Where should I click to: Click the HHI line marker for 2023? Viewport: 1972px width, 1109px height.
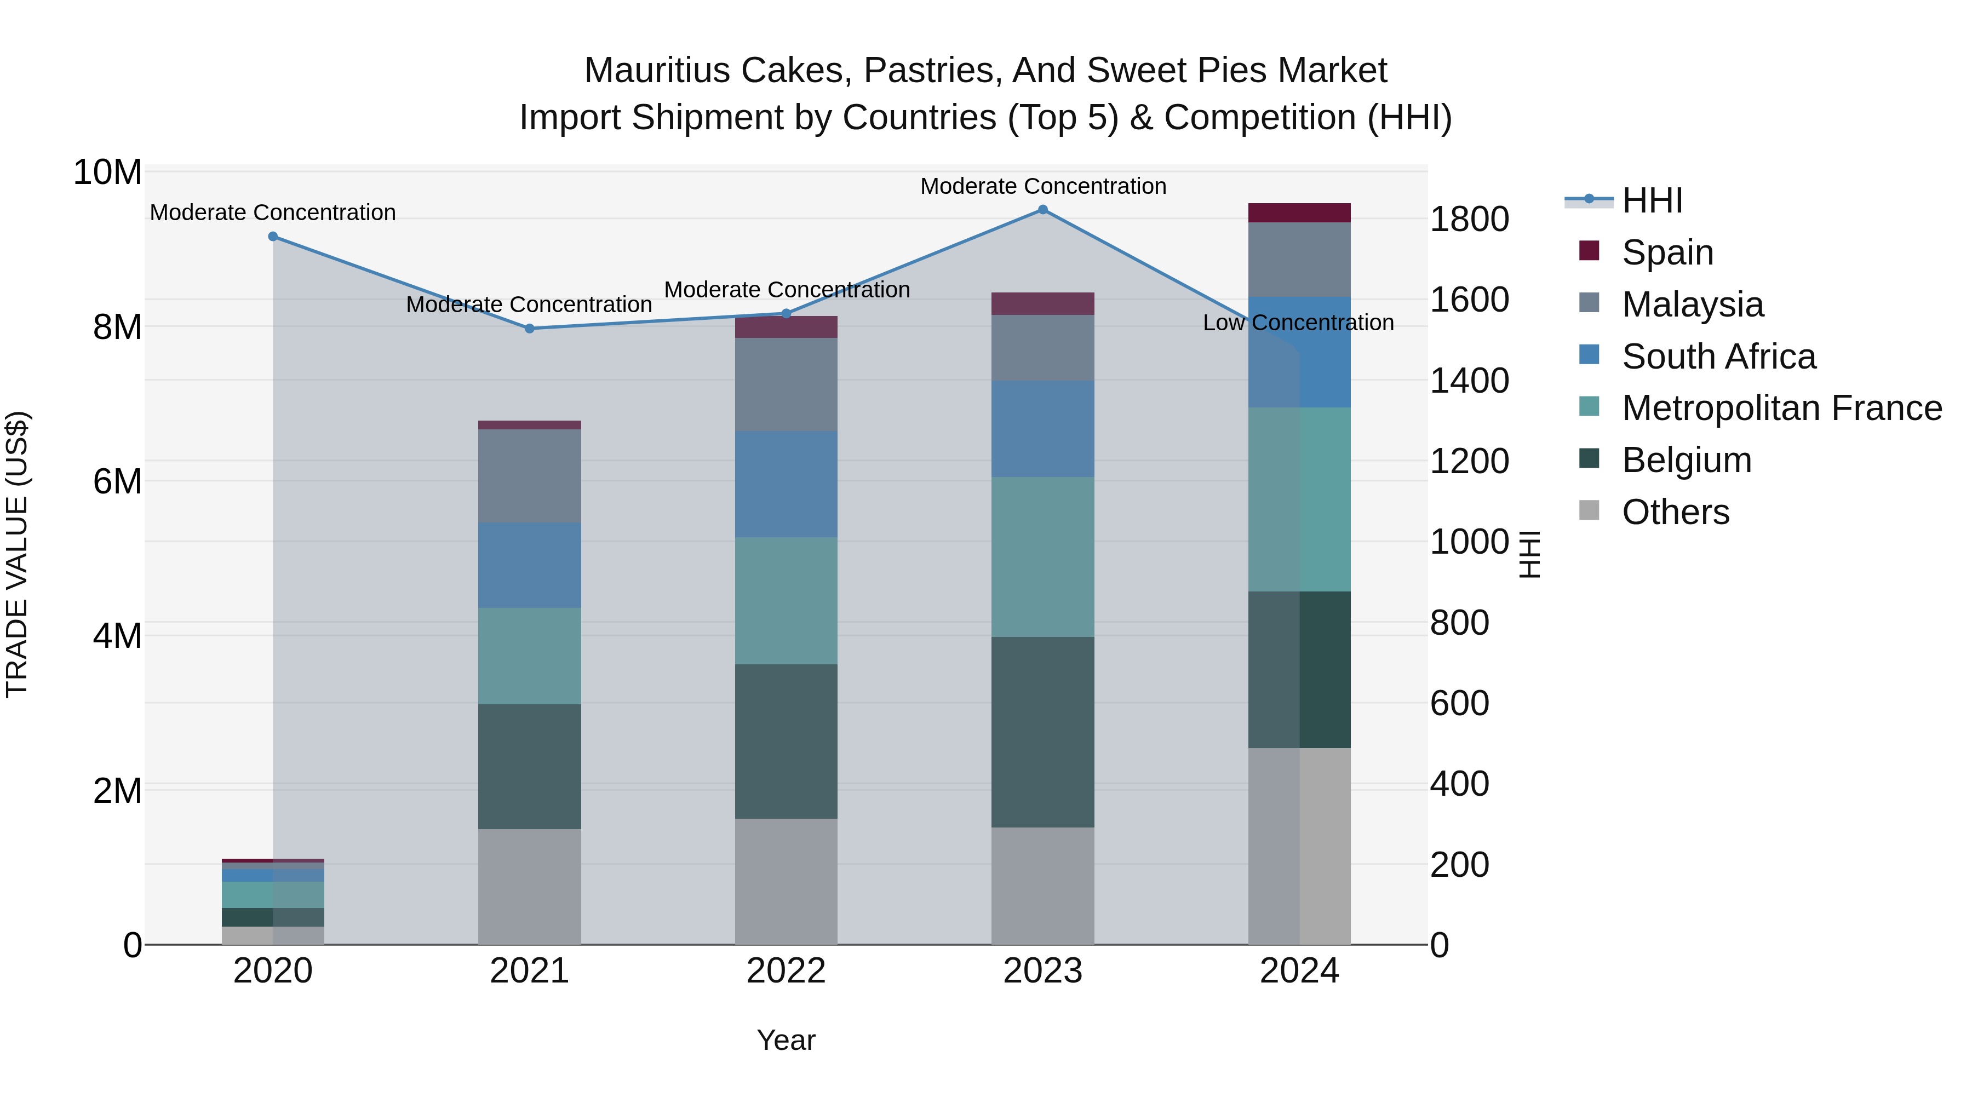point(1042,210)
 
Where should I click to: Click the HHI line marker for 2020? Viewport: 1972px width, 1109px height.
point(273,237)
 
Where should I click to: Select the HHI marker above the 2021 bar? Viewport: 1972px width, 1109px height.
point(530,329)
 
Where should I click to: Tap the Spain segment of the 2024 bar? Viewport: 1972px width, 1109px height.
point(1299,213)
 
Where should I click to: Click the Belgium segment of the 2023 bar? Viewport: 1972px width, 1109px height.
point(1042,732)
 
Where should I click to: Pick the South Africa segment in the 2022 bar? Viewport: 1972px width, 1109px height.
point(786,484)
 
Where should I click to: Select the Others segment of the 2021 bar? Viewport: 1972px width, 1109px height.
point(530,886)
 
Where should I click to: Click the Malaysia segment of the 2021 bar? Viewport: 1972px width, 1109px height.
point(530,475)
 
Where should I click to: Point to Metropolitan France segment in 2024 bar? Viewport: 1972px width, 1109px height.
point(1299,499)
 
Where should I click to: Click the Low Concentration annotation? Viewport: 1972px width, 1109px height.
point(1298,323)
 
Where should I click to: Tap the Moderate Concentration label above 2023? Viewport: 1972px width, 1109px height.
point(1042,186)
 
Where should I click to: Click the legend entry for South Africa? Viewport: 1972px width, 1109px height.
point(1718,357)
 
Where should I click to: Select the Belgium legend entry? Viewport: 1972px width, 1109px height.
point(1687,461)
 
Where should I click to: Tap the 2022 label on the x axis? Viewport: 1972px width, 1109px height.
point(786,971)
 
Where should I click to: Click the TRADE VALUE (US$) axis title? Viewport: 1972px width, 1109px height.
point(17,554)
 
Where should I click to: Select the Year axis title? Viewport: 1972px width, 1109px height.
point(786,1040)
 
